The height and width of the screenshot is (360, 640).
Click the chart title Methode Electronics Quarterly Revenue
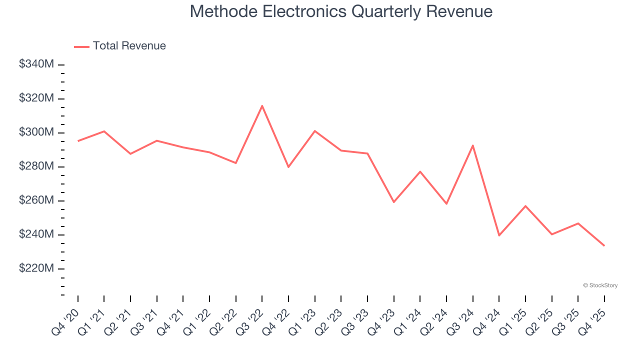pyautogui.click(x=341, y=11)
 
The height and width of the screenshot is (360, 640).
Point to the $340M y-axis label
pyautogui.click(x=36, y=64)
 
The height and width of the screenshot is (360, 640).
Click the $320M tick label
pyautogui.click(x=36, y=98)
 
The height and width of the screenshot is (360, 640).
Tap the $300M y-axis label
pyautogui.click(x=36, y=132)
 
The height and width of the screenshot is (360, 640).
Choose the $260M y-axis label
pyautogui.click(x=36, y=200)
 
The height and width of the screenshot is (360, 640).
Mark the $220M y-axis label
pyautogui.click(x=36, y=268)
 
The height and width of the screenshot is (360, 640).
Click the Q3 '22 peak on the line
pyautogui.click(x=262, y=105)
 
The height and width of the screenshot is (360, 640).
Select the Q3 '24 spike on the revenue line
pyautogui.click(x=472, y=145)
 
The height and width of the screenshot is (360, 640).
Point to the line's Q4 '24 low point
pyautogui.click(x=499, y=235)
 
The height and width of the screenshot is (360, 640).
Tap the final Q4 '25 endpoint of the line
pyautogui.click(x=604, y=245)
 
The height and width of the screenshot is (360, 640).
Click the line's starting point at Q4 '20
pyautogui.click(x=78, y=141)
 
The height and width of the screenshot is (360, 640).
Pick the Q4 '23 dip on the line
pyautogui.click(x=393, y=202)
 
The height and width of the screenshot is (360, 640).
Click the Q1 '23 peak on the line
pyautogui.click(x=314, y=131)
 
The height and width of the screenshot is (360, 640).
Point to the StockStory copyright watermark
pyautogui.click(x=600, y=285)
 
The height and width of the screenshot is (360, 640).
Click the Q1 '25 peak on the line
pyautogui.click(x=525, y=206)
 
